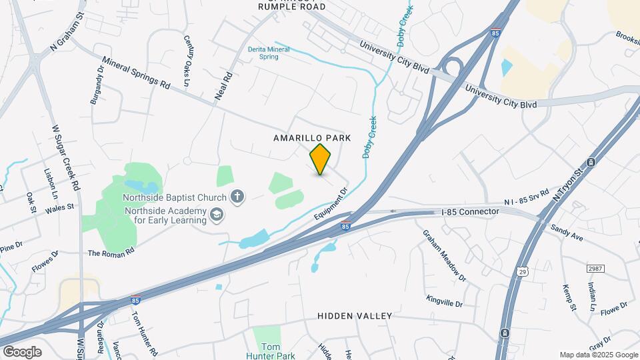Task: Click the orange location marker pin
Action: click(x=321, y=159)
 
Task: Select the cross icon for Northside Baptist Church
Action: click(x=237, y=197)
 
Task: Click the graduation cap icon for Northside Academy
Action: click(x=216, y=214)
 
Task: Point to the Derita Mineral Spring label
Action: click(x=269, y=53)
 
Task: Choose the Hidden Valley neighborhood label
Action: click(x=355, y=315)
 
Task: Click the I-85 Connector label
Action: click(x=470, y=212)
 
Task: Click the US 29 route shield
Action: click(x=523, y=271)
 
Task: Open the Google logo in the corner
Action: click(x=22, y=351)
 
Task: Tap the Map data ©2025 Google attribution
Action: click(x=598, y=355)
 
